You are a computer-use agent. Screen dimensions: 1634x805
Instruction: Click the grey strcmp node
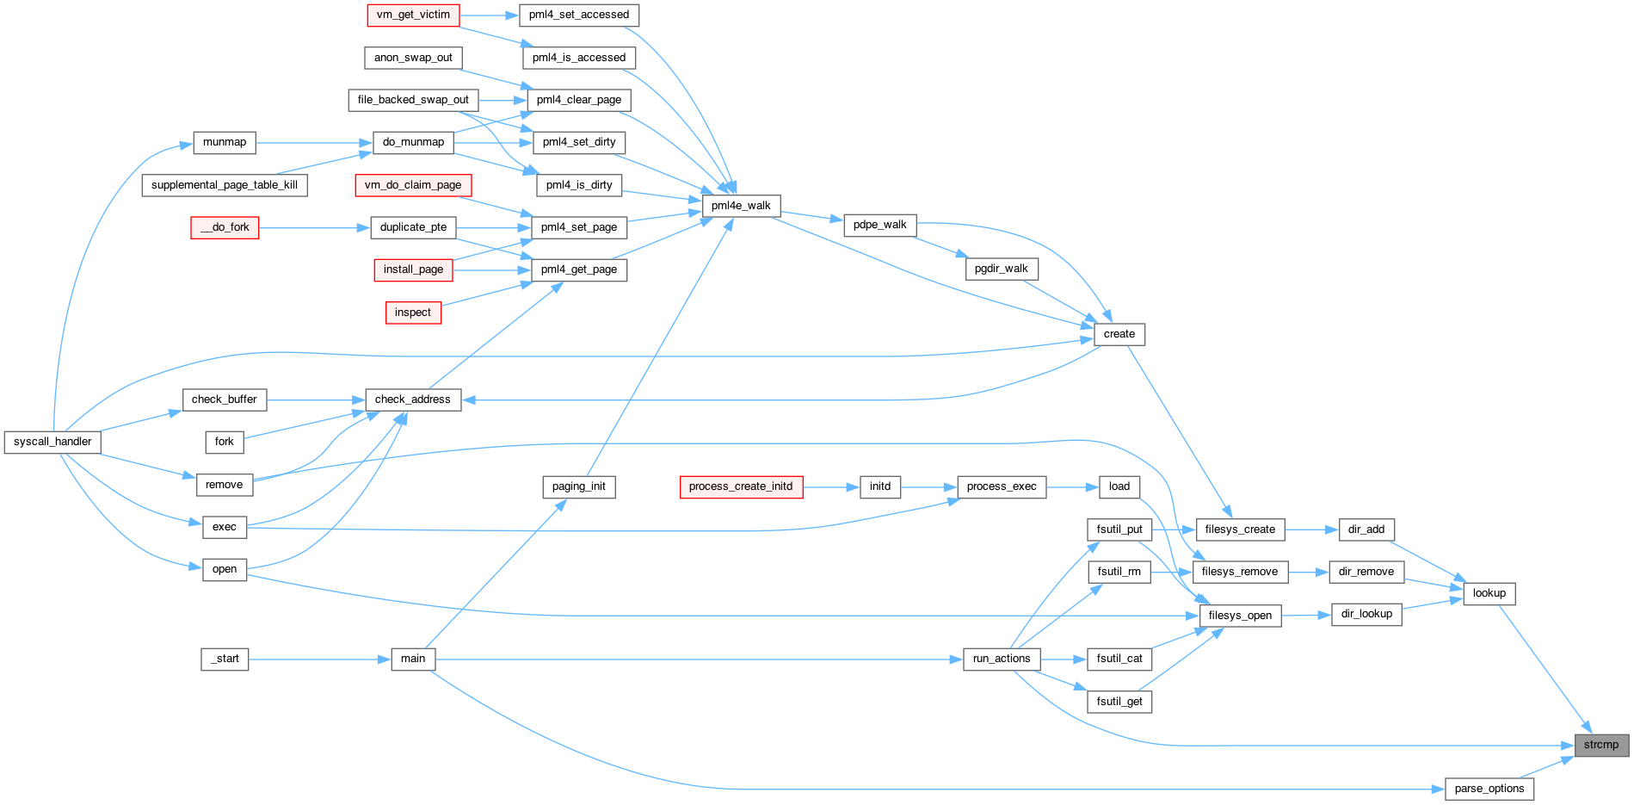pos(1601,745)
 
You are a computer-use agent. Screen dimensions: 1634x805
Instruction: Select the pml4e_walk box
pos(741,206)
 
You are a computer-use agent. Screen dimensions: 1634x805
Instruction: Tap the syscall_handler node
pos(52,442)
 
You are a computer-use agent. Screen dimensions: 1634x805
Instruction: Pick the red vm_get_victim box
pos(413,15)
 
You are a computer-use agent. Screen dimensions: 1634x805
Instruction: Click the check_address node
pos(413,399)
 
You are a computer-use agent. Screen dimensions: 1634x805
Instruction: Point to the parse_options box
pos(1489,789)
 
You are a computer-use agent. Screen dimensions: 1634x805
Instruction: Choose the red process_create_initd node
pos(741,486)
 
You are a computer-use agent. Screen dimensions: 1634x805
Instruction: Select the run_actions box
pos(1002,659)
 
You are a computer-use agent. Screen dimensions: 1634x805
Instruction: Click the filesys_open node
pos(1240,616)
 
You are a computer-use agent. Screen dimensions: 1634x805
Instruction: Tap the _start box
pos(225,659)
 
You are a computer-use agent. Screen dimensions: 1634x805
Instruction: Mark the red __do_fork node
pos(225,227)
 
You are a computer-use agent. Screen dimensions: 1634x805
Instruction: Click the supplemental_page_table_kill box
pos(225,185)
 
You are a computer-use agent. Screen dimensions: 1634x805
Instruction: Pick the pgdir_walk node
pos(1002,269)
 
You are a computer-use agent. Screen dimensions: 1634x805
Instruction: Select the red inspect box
pos(413,313)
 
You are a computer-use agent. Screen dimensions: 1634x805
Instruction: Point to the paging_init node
pos(579,486)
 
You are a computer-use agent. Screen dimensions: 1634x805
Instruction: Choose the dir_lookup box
pos(1366,614)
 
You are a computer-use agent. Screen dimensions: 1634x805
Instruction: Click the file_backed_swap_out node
pos(413,100)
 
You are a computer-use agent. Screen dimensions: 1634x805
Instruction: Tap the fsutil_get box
pos(1119,702)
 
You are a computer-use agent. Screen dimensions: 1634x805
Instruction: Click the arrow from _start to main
pos(319,659)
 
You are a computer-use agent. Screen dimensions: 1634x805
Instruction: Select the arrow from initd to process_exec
pos(928,487)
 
